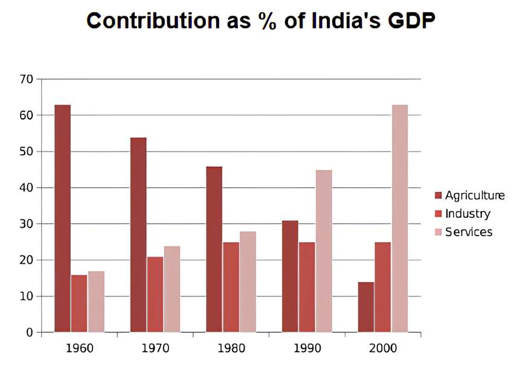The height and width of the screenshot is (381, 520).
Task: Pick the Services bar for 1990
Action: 324,251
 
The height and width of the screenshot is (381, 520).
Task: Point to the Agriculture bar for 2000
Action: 366,307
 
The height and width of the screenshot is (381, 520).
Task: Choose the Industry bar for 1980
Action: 231,287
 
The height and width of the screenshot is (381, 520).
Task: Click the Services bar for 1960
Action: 96,302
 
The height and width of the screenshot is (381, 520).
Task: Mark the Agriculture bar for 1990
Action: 290,277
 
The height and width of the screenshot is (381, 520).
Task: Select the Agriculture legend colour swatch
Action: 438,195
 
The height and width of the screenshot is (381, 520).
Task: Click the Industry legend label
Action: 467,214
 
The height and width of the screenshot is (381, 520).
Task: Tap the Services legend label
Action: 469,232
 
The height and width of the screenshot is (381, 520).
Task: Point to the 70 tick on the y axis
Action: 26,79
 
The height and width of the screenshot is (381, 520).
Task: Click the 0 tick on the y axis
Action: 30,333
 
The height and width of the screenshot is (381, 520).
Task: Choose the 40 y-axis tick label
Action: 26,188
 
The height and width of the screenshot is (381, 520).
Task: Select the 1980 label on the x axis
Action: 231,349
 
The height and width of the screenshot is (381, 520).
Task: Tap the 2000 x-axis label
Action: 383,349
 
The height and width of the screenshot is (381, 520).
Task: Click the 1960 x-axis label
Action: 79,349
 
